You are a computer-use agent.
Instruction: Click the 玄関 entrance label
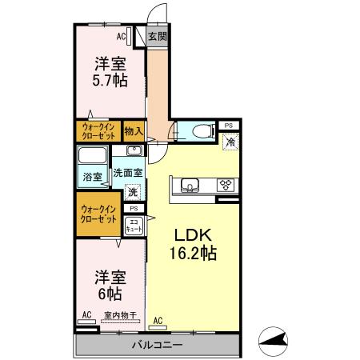click(158, 36)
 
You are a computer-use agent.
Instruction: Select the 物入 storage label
click(134, 130)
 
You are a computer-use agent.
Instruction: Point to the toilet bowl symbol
click(201, 130)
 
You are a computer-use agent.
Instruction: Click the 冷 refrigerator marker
click(230, 142)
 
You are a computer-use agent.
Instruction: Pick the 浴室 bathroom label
click(92, 177)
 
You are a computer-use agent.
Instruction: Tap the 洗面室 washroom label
click(127, 172)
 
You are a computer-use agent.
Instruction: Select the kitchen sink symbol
click(190, 186)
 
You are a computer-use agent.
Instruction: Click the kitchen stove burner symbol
click(226, 185)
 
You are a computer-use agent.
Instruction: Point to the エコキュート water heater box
click(134, 226)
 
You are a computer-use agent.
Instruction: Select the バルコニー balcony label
click(158, 345)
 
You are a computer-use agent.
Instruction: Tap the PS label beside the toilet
click(229, 126)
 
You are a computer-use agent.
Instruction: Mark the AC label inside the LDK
click(158, 321)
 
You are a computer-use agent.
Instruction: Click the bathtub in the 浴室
click(93, 155)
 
